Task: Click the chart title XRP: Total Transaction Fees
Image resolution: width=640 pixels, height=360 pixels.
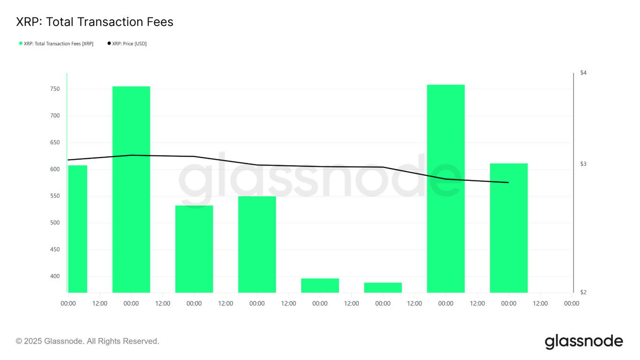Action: click(x=95, y=22)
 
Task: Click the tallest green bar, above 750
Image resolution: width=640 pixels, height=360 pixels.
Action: click(x=446, y=187)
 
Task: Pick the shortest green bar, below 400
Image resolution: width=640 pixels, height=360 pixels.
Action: click(x=383, y=287)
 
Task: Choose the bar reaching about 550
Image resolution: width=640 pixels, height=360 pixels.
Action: click(x=257, y=244)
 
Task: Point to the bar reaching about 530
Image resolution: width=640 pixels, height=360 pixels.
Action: click(x=194, y=248)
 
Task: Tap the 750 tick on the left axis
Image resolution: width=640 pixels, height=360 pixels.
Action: click(x=55, y=89)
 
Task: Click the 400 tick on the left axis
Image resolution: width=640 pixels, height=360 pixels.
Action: click(x=55, y=276)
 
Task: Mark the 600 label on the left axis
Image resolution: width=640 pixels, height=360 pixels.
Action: click(x=55, y=169)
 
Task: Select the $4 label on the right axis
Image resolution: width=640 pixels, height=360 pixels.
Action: click(x=583, y=73)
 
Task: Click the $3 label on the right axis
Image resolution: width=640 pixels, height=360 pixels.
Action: click(x=583, y=164)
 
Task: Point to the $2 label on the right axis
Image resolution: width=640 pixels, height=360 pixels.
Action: click(x=583, y=292)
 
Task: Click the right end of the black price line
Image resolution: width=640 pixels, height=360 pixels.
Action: click(x=508, y=182)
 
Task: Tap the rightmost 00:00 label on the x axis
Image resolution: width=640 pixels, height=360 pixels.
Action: click(x=571, y=303)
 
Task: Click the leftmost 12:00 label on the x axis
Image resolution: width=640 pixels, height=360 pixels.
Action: click(x=100, y=303)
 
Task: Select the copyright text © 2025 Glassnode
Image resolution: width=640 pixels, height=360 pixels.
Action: click(x=88, y=341)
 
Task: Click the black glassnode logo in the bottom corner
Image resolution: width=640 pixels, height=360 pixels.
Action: click(x=584, y=342)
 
